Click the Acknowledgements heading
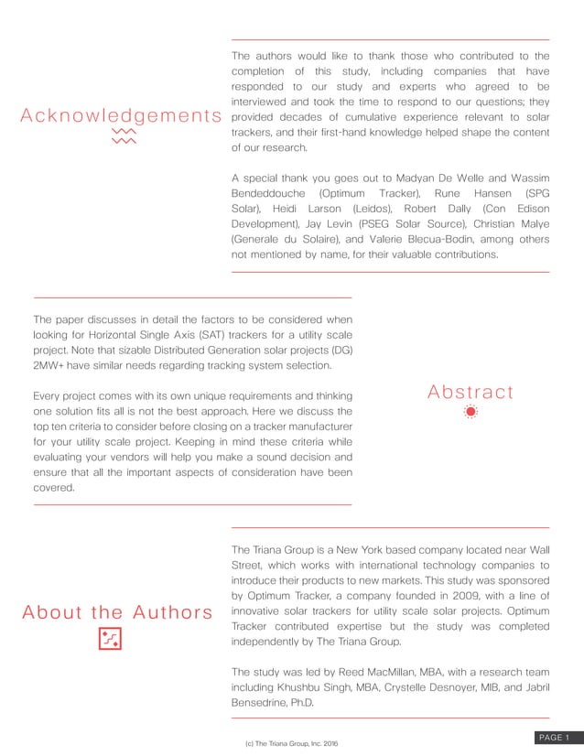[121, 116]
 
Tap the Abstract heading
[470, 393]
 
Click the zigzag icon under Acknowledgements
[122, 137]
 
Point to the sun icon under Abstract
[470, 413]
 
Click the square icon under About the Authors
[110, 640]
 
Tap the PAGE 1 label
[555, 738]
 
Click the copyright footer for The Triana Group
[292, 742]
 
